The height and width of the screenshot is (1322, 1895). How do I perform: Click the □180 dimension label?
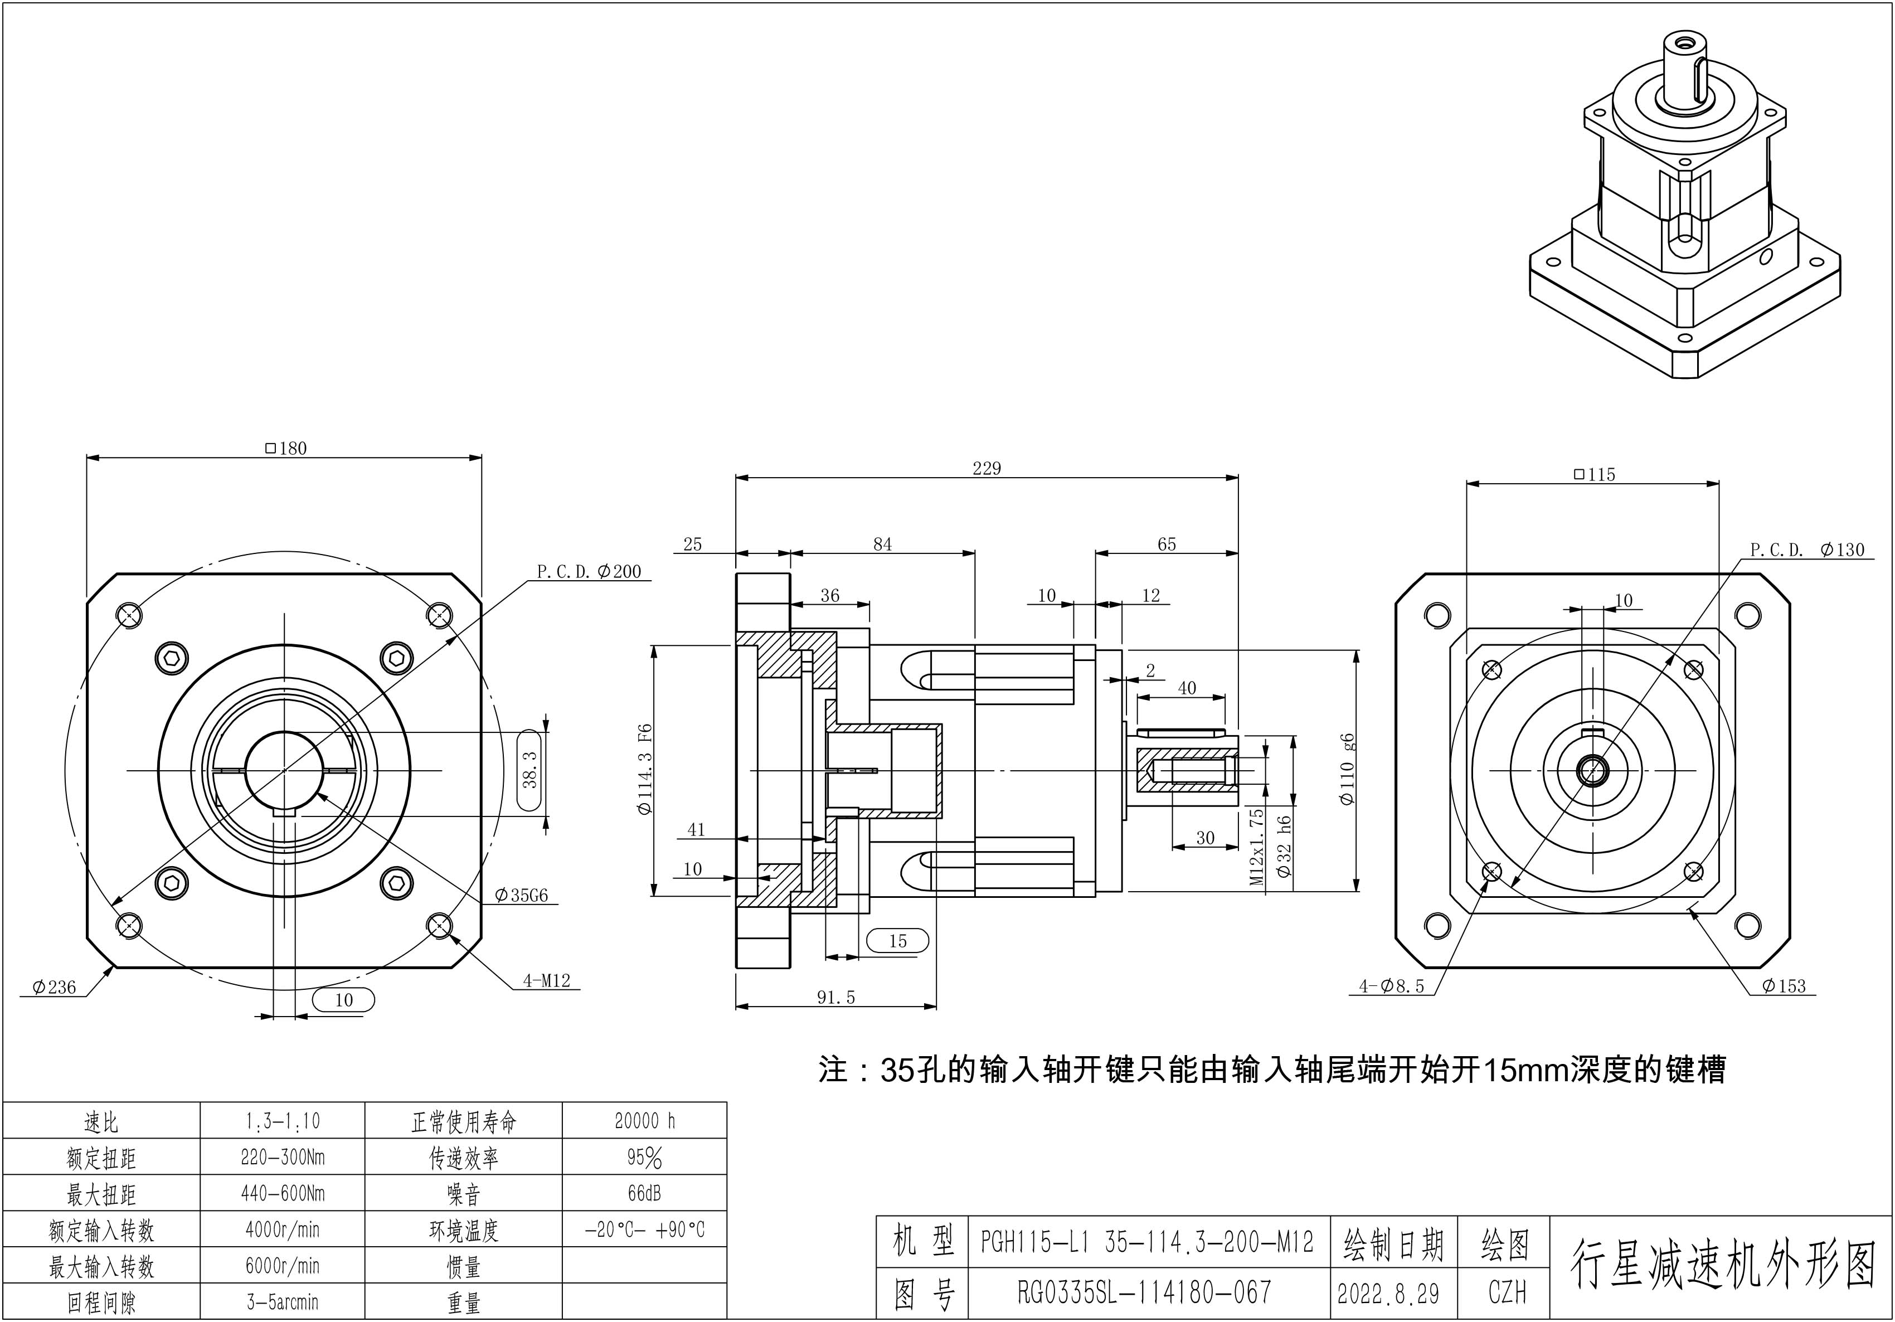[x=285, y=448]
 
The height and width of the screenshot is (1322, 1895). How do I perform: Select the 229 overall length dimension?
[x=987, y=469]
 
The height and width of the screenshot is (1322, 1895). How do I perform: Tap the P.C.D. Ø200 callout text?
[x=589, y=571]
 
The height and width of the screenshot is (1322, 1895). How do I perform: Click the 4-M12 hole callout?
[x=546, y=980]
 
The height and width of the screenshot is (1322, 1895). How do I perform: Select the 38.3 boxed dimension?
[x=531, y=769]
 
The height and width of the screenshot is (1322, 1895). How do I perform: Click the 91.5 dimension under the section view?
[x=836, y=998]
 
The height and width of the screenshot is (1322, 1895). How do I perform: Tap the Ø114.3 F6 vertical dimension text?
[x=645, y=769]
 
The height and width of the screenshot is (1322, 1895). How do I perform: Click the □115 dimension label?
[x=1593, y=474]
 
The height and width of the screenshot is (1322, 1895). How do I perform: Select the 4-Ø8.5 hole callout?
[x=1392, y=985]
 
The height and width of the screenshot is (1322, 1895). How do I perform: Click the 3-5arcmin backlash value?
[x=282, y=1302]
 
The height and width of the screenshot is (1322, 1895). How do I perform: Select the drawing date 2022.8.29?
[x=1388, y=1293]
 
